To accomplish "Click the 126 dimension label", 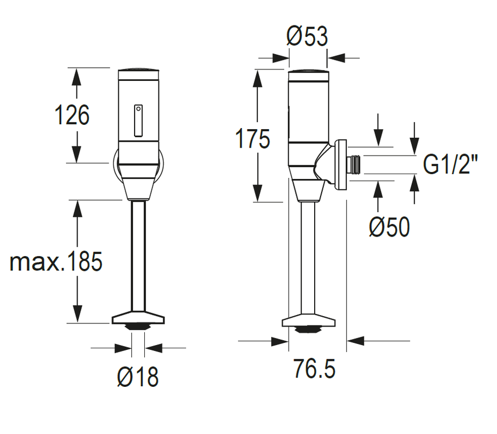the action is pos(72,115).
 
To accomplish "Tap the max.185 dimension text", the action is pos(56,261).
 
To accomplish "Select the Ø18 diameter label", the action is pos(138,377).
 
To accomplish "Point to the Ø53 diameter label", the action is pos(307,36).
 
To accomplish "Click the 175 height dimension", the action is pos(253,138).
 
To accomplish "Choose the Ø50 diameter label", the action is pos(389,227).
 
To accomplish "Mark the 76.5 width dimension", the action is pos(314,368).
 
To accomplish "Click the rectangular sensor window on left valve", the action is pos(138,121).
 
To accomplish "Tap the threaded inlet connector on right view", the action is pos(354,164).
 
